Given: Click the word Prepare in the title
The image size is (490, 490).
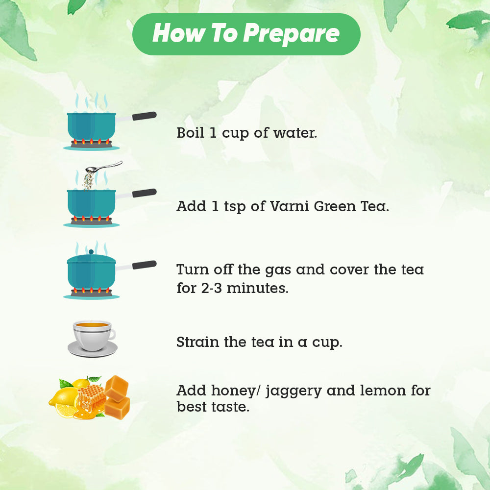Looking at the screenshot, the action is pyautogui.click(x=291, y=34).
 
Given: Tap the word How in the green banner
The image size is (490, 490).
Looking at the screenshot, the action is pyautogui.click(x=179, y=33).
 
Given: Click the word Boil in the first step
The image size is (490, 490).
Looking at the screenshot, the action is pyautogui.click(x=190, y=132).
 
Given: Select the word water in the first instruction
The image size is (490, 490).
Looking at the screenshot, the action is pyautogui.click(x=295, y=133).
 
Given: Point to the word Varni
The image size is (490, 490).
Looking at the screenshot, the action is pyautogui.click(x=290, y=206).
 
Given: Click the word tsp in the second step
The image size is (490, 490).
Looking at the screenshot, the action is pyautogui.click(x=235, y=207).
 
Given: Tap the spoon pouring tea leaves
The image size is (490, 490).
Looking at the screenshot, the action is pyautogui.click(x=104, y=167).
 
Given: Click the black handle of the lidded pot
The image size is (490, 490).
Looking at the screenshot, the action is pyautogui.click(x=145, y=265).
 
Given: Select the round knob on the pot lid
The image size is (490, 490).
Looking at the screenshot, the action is pyautogui.click(x=91, y=252).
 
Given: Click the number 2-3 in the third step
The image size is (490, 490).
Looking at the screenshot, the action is pyautogui.click(x=211, y=288).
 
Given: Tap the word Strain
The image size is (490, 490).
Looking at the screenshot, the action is pyautogui.click(x=198, y=342).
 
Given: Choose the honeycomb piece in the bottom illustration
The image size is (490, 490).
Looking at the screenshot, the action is pyautogui.click(x=92, y=395).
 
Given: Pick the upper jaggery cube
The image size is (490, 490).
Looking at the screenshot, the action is pyautogui.click(x=116, y=388).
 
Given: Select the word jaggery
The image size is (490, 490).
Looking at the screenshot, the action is pyautogui.click(x=294, y=391).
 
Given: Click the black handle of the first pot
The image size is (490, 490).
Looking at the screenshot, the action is pyautogui.click(x=145, y=116).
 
